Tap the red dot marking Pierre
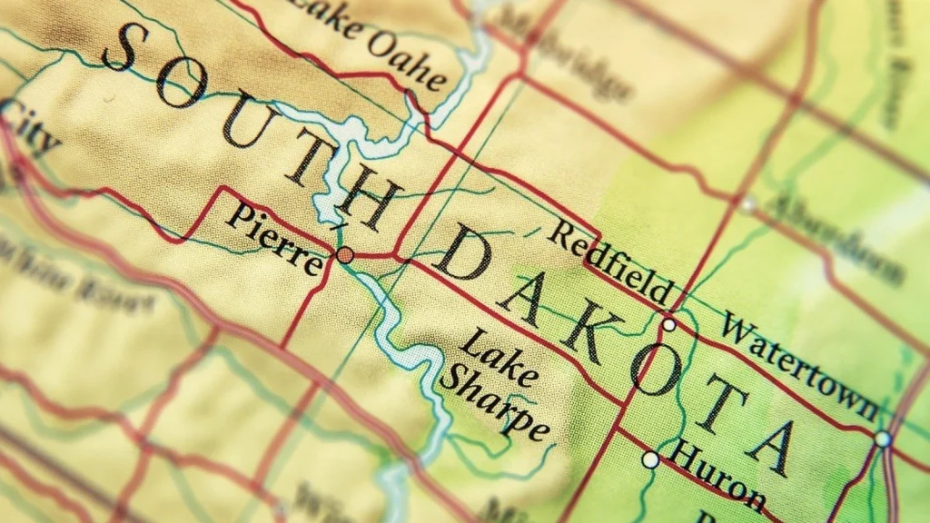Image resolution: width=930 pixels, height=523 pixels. coord(345,255)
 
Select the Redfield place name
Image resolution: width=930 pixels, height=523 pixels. coord(610,262)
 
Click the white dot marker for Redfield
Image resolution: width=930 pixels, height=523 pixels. coord(668,324)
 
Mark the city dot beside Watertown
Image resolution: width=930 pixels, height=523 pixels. coord(883,439)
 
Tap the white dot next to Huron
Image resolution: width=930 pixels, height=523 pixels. coord(650,460)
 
